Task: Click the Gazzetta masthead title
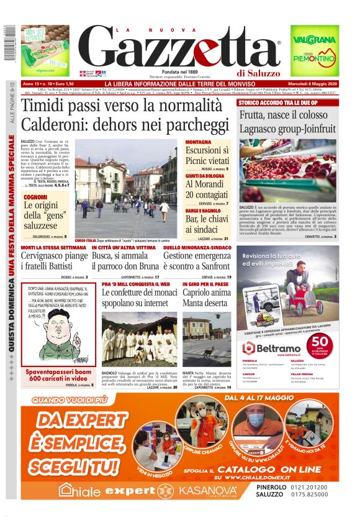[x=180, y=48]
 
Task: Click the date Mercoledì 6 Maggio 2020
[x=315, y=84]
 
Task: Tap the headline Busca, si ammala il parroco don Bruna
[x=128, y=261]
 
